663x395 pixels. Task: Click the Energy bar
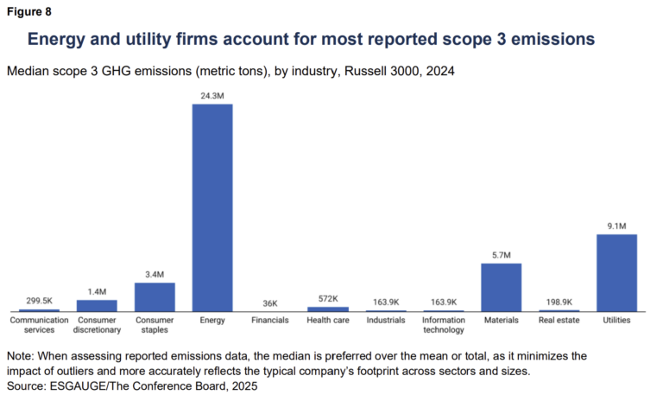click(x=212, y=207)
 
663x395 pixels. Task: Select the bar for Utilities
click(x=616, y=272)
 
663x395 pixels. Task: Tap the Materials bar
click(x=501, y=287)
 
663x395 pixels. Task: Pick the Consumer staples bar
click(x=155, y=296)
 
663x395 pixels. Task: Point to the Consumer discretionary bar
click(x=97, y=305)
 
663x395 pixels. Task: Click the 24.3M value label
click(x=212, y=96)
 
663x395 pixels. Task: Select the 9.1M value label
click(x=616, y=226)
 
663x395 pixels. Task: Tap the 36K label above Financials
click(x=270, y=303)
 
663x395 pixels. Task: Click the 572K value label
click(x=328, y=299)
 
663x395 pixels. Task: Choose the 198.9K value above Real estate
click(x=559, y=303)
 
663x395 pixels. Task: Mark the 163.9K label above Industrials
click(x=385, y=303)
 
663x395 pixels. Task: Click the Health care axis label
click(x=328, y=320)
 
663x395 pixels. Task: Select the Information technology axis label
click(x=443, y=324)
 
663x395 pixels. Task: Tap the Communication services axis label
click(x=39, y=324)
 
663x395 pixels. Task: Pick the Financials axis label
click(x=270, y=320)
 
